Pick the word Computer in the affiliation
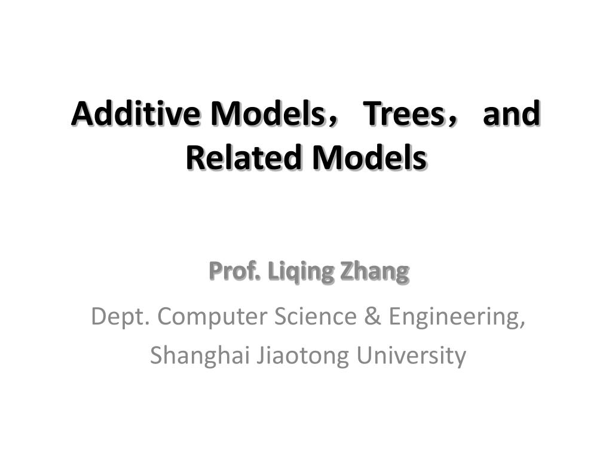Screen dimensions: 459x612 (x=213, y=317)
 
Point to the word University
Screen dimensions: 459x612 (x=411, y=356)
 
